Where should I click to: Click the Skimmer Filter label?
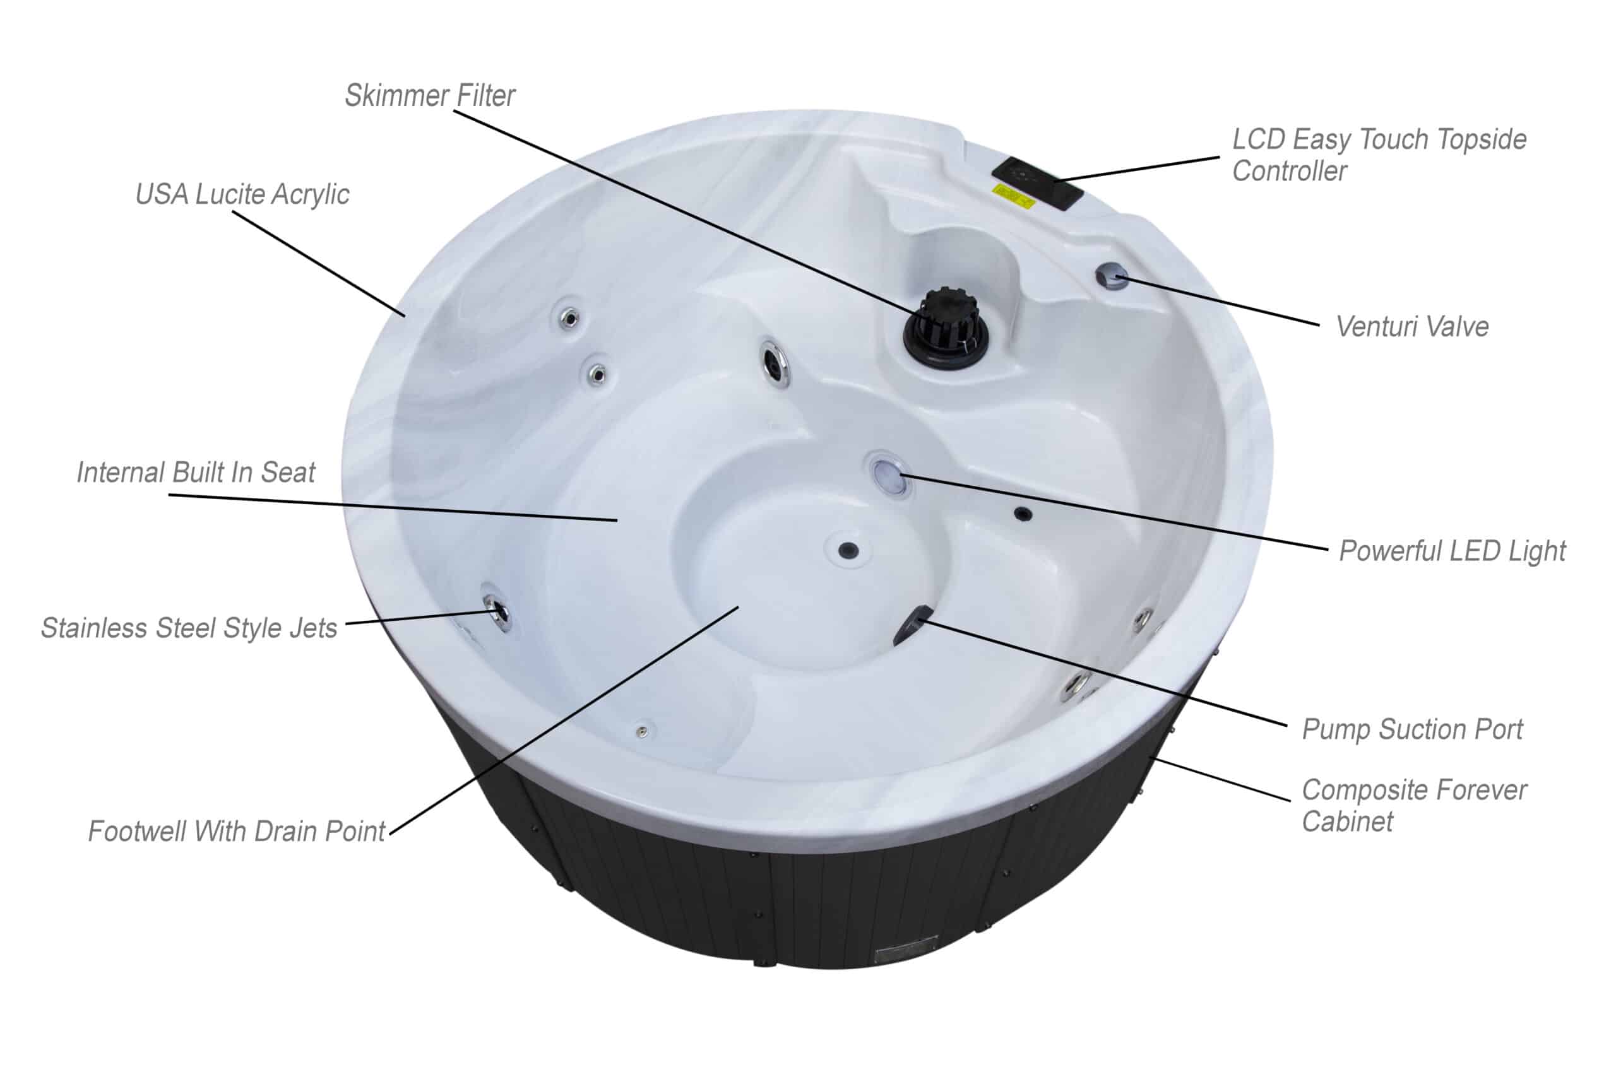[x=429, y=95]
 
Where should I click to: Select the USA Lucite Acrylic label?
[x=242, y=194]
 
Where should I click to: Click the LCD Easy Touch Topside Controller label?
[x=1379, y=155]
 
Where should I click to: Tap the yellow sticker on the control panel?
[x=1013, y=195]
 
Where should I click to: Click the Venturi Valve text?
[x=1412, y=327]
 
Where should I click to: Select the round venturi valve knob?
[x=1112, y=276]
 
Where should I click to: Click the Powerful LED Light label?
[x=1453, y=551]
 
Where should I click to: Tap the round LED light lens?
[x=886, y=473]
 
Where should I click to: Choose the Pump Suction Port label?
[x=1413, y=729]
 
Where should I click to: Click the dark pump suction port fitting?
[x=912, y=625]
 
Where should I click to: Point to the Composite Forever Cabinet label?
[x=1414, y=806]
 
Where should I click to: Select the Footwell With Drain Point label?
[x=236, y=831]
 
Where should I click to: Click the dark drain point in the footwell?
[x=848, y=550]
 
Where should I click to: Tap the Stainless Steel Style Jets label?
[x=189, y=628]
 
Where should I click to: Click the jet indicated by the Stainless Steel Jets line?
[x=497, y=613]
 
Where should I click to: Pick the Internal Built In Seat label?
[x=196, y=473]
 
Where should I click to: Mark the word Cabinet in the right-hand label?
[x=1347, y=821]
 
